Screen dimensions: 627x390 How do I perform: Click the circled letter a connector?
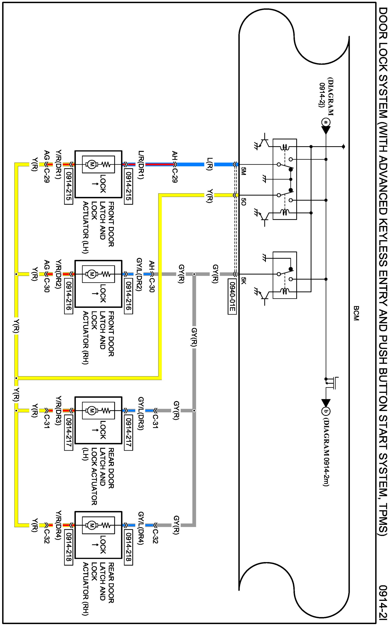[326, 122]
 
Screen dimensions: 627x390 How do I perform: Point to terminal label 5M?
[243, 171]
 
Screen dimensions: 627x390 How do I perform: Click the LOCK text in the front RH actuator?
[102, 293]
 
